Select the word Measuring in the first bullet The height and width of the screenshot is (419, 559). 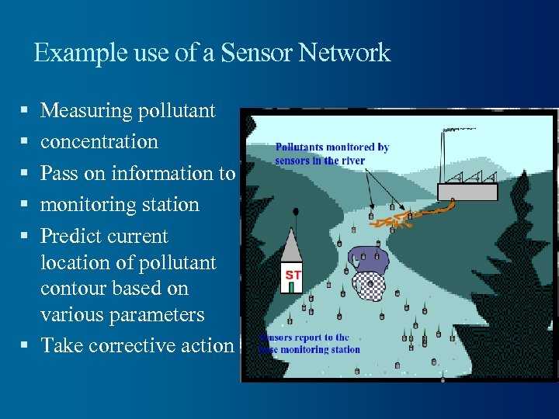point(85,111)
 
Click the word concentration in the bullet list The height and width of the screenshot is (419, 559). point(99,142)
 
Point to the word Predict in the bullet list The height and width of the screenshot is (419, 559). point(73,236)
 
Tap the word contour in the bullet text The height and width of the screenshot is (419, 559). point(73,289)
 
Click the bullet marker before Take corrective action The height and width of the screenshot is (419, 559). point(27,346)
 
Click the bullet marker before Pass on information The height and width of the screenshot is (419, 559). point(27,174)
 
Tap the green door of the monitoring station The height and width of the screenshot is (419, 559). point(291,288)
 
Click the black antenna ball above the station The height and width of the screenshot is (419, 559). point(296,211)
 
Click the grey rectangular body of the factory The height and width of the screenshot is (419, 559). point(468,192)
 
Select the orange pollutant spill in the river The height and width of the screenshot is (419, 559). point(404,219)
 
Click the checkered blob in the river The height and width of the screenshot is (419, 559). point(370,288)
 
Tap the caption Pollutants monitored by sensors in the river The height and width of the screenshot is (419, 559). point(332,154)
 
